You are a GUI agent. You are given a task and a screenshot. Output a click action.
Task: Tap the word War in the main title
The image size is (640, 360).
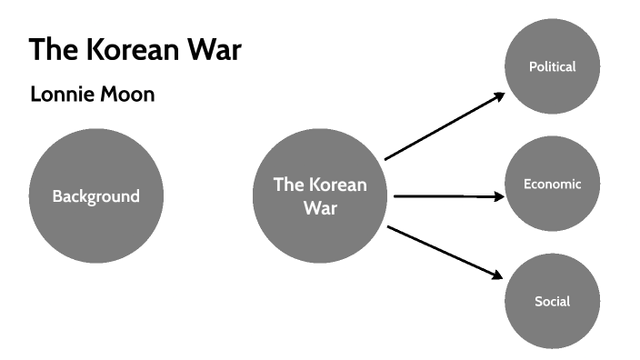click(215, 49)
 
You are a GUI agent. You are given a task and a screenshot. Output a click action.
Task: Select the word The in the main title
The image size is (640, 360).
click(55, 49)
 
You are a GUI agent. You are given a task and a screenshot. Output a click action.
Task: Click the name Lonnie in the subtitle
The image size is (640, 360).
click(61, 94)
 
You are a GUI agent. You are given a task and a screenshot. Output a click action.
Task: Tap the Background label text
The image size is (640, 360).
click(95, 196)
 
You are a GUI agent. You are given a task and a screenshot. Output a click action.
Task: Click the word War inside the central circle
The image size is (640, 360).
click(320, 207)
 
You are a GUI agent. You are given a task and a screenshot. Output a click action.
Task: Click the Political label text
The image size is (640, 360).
click(552, 66)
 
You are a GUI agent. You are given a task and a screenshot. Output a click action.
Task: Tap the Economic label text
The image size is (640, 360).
click(552, 184)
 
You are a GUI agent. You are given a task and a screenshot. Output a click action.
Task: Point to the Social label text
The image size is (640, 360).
click(552, 301)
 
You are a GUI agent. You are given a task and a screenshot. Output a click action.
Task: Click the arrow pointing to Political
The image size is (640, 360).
click(444, 126)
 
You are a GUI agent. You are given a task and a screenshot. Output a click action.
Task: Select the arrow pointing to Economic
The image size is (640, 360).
click(445, 195)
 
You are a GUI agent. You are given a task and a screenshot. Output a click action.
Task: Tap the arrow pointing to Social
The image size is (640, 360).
click(444, 252)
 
